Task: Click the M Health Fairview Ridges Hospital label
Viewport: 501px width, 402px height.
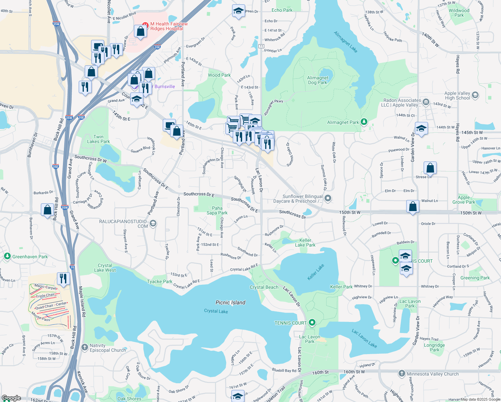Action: pyautogui.click(x=169, y=26)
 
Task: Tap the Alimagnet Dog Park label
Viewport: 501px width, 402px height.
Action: pyautogui.click(x=318, y=80)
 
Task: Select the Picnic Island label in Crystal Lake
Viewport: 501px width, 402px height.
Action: pyautogui.click(x=230, y=303)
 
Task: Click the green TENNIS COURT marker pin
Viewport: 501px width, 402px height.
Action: pyautogui.click(x=312, y=323)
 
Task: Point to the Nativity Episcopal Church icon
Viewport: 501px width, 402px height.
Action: pyautogui.click(x=85, y=347)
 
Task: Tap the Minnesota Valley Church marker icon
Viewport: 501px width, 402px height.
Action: pyautogui.click(x=402, y=374)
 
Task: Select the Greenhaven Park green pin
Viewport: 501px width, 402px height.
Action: pyautogui.click(x=7, y=256)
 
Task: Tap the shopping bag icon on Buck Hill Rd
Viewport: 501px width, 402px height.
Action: pyautogui.click(x=48, y=210)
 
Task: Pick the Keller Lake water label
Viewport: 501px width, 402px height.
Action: pyautogui.click(x=316, y=272)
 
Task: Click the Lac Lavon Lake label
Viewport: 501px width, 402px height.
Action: pyautogui.click(x=364, y=338)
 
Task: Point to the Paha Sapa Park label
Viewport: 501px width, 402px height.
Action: pyautogui.click(x=217, y=210)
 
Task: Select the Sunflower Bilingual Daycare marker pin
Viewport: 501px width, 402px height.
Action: pyautogui.click(x=328, y=198)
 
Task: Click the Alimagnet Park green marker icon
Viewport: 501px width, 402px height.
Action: pyautogui.click(x=364, y=122)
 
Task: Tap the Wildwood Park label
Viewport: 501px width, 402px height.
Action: pyautogui.click(x=459, y=13)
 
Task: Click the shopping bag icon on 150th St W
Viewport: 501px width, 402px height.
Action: pyautogui.click(x=413, y=206)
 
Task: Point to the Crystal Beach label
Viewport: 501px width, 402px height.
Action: pyautogui.click(x=264, y=287)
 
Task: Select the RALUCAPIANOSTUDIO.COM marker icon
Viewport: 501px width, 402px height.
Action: pyautogui.click(x=153, y=223)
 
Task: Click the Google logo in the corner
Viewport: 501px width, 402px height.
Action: pyautogui.click(x=11, y=398)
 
